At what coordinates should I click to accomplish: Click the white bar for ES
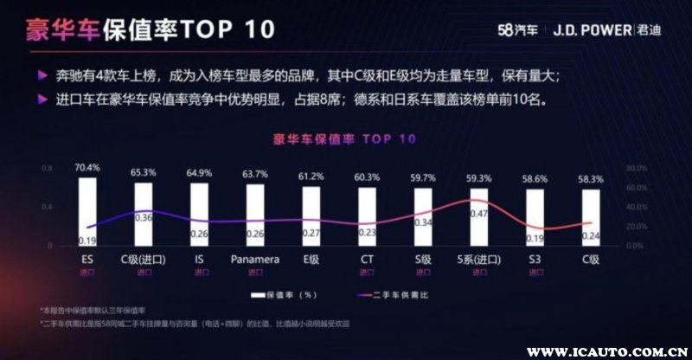coord(86,212)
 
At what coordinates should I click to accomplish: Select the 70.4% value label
coord(86,167)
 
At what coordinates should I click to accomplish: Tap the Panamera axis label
coord(254,259)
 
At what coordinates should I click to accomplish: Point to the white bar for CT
coord(367,218)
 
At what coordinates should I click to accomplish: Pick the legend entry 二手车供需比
coord(397,295)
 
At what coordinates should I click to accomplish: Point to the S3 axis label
coord(535,259)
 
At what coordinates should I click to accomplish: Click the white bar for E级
coord(311,217)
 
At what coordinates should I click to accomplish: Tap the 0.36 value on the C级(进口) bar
coord(144,217)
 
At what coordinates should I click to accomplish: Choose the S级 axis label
coord(422,259)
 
